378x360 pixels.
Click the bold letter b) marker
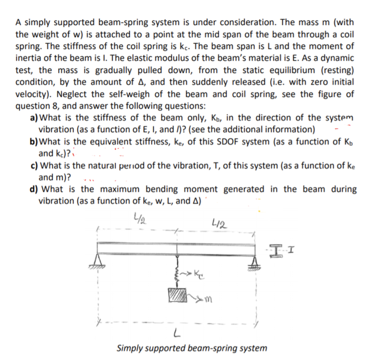(x=34, y=142)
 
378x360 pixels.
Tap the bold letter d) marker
(x=34, y=189)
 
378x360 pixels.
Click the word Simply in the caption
(x=129, y=348)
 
